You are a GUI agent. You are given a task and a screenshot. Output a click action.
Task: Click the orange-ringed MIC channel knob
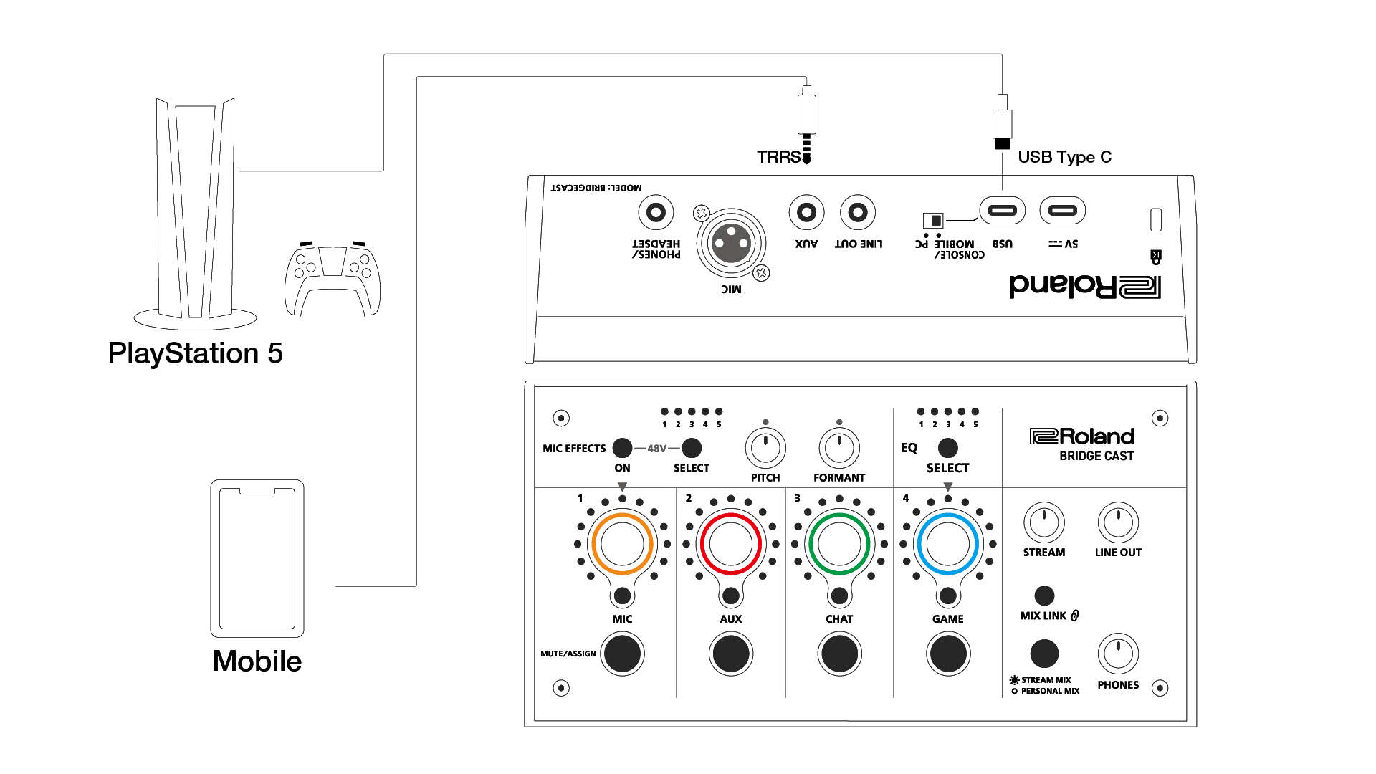[x=622, y=544]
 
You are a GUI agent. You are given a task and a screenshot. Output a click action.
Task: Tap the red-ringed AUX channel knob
[x=730, y=544]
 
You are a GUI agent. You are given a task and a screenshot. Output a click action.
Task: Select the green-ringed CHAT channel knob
[x=839, y=544]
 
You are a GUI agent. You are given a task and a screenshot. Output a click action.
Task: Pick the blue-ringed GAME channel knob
[x=947, y=544]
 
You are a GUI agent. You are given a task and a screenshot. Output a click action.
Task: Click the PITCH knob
[x=765, y=448]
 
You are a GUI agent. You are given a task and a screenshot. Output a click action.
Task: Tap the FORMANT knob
[x=839, y=448]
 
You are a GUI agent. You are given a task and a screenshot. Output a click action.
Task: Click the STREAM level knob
[x=1044, y=522]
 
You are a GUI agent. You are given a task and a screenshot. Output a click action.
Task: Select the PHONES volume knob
[x=1118, y=654]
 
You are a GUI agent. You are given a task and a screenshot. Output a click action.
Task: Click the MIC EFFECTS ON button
[x=622, y=448]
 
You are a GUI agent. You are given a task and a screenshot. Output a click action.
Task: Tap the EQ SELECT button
[x=947, y=448]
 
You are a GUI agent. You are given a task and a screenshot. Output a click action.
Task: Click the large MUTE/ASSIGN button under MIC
[x=622, y=654]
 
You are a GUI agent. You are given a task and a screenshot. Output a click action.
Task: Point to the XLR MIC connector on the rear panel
[x=730, y=244]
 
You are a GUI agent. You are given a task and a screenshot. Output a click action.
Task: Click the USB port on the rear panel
[x=1002, y=211]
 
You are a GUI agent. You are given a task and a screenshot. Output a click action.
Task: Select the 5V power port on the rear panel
[x=1062, y=211]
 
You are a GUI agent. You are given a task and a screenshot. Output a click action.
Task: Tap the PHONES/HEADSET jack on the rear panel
[x=656, y=213]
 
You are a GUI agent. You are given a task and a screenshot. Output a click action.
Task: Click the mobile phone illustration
[x=257, y=558]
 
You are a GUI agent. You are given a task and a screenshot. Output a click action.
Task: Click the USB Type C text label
[x=1064, y=157]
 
